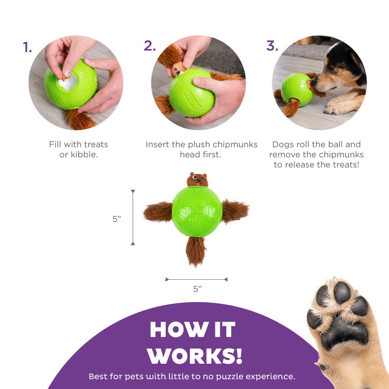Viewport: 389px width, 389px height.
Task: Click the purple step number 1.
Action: coord(27,47)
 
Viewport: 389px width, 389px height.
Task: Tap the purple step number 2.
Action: coord(149,46)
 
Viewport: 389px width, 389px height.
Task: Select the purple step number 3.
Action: coord(272,46)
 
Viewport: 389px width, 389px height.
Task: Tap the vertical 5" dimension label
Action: coord(117,219)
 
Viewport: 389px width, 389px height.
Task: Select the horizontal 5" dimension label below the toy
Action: coord(197,289)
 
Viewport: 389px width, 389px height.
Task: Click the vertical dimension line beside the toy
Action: coord(133,217)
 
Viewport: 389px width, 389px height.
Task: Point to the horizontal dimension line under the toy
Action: coord(196,279)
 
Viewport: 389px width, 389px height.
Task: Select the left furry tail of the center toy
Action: coord(158,212)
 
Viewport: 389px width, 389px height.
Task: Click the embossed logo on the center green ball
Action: coord(198,210)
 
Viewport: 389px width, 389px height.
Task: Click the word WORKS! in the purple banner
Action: coord(194,356)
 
